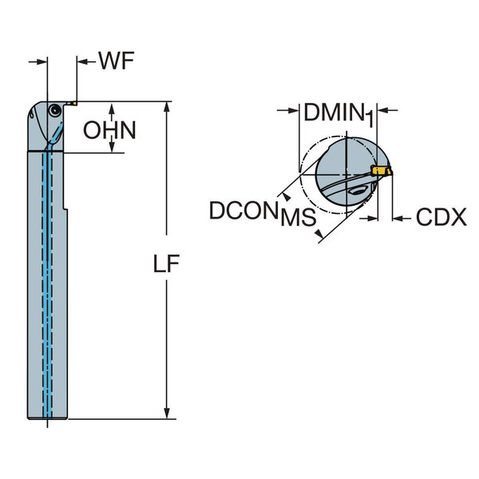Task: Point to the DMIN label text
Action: pyautogui.click(x=333, y=113)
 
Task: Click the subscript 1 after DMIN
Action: pyautogui.click(x=370, y=120)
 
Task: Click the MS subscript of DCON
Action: pyautogui.click(x=297, y=219)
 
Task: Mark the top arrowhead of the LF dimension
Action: pyautogui.click(x=168, y=107)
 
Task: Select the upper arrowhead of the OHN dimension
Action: pyautogui.click(x=113, y=107)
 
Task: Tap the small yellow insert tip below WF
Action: pyautogui.click(x=71, y=101)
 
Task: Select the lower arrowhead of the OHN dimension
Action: pyautogui.click(x=113, y=148)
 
